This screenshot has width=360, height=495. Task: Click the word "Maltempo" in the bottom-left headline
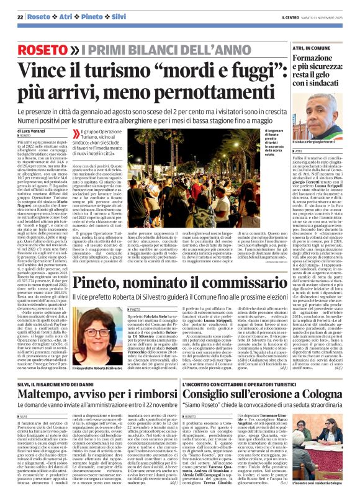(x=45, y=395)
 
